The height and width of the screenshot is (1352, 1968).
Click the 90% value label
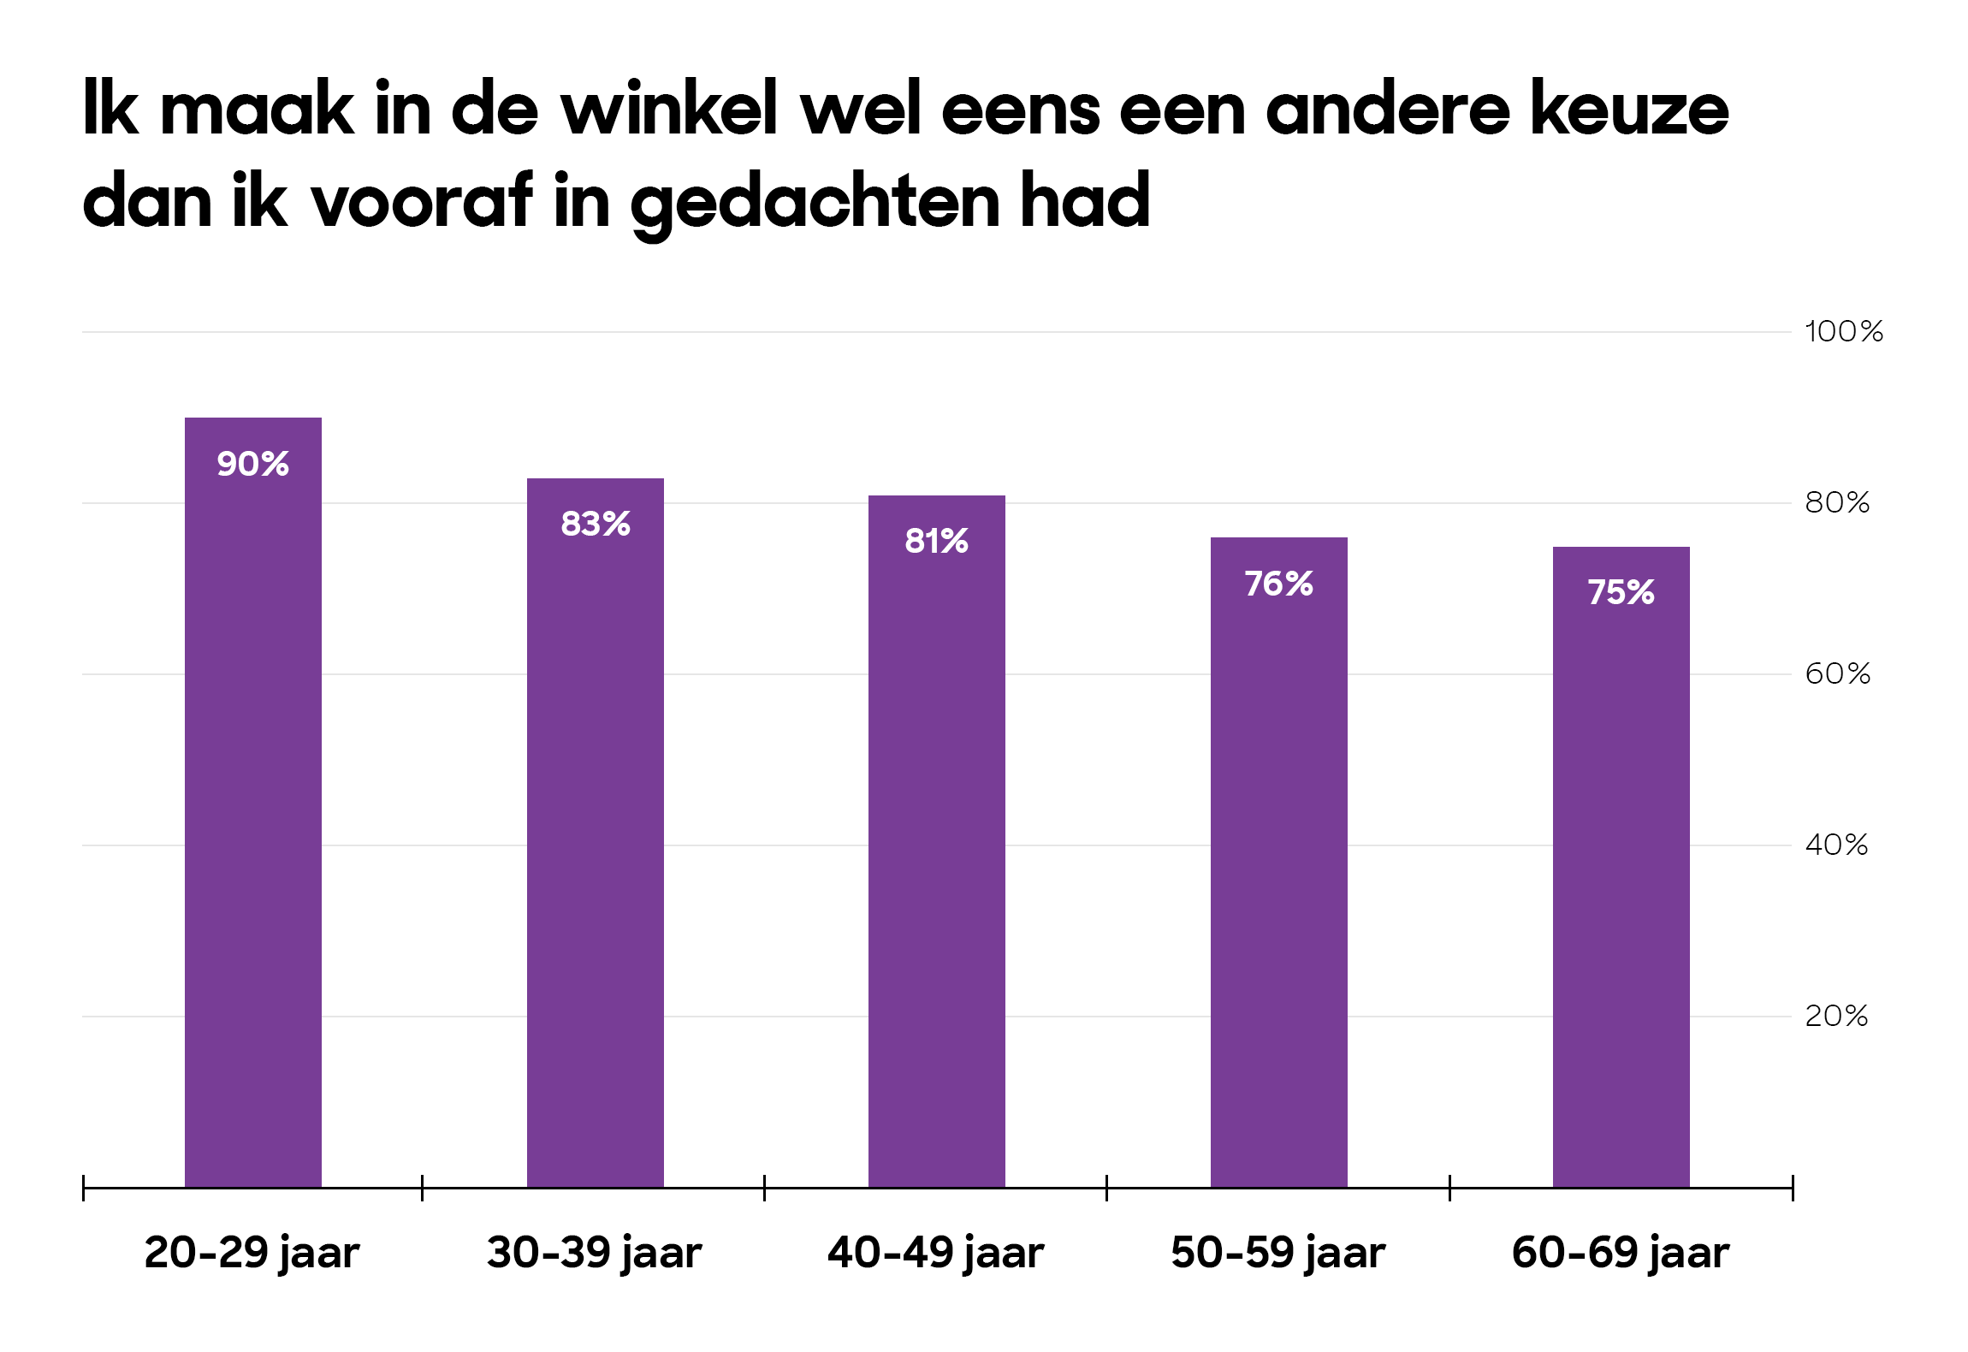(x=253, y=464)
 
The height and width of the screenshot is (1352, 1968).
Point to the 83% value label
(x=596, y=524)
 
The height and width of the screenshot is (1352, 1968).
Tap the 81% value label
(x=937, y=541)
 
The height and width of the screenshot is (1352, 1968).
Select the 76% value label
(x=1278, y=584)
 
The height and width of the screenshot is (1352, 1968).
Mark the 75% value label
(x=1621, y=592)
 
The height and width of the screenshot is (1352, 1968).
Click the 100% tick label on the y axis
(x=1844, y=332)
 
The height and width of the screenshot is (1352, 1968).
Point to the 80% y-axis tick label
(x=1837, y=503)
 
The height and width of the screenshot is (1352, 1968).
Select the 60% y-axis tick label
(x=1837, y=674)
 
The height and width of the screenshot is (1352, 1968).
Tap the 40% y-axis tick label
(x=1836, y=845)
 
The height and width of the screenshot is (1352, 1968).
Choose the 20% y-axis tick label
(x=1836, y=1017)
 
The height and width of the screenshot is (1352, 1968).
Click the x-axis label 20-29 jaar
(x=252, y=1253)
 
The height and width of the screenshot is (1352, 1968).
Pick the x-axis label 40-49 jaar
(x=936, y=1253)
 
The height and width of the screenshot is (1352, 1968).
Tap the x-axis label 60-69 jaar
(x=1621, y=1253)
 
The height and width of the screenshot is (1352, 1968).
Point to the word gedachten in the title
(x=815, y=204)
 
